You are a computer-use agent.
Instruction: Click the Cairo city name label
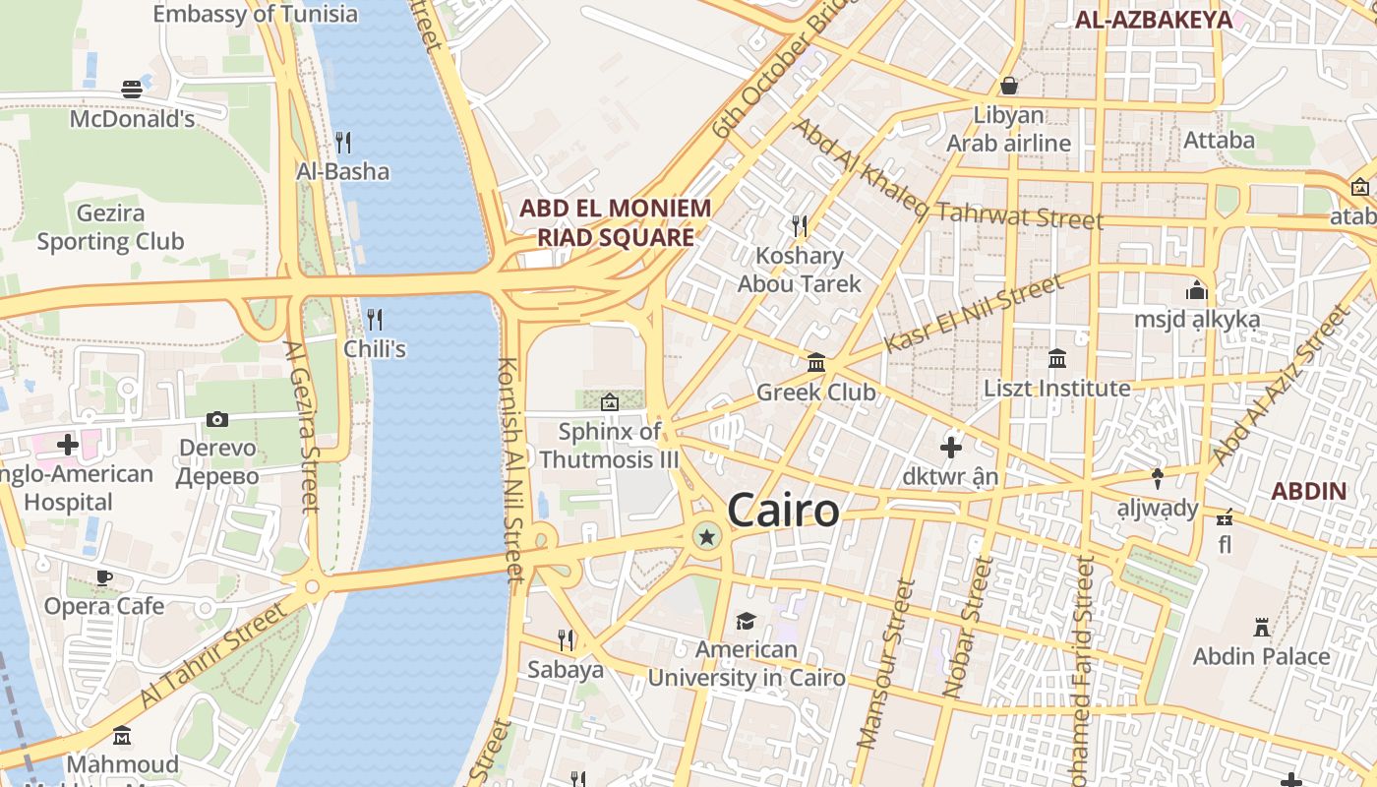pyautogui.click(x=783, y=511)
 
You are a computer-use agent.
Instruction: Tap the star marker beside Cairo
pyautogui.click(x=706, y=536)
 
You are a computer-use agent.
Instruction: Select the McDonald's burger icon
pyautogui.click(x=132, y=90)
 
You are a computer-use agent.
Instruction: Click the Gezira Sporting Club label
pyautogui.click(x=110, y=227)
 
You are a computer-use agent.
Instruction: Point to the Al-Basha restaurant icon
pyautogui.click(x=343, y=143)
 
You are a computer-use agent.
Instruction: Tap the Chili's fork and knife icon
pyautogui.click(x=375, y=320)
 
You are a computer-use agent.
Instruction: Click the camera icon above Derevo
pyautogui.click(x=217, y=420)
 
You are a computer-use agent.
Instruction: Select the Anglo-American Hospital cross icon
pyautogui.click(x=67, y=445)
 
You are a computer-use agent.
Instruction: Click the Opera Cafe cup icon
pyautogui.click(x=104, y=577)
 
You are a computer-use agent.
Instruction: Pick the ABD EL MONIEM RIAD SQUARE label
pyautogui.click(x=615, y=223)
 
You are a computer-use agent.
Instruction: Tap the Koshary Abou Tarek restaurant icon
pyautogui.click(x=800, y=227)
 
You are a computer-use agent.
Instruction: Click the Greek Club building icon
pyautogui.click(x=816, y=363)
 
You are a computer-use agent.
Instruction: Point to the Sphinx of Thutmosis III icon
pyautogui.click(x=610, y=401)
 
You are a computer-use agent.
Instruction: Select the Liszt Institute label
pyautogui.click(x=1057, y=389)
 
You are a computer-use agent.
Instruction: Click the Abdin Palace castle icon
pyautogui.click(x=1261, y=627)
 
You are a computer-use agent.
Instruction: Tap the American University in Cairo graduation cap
pyautogui.click(x=746, y=621)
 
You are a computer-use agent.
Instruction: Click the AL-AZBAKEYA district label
pyautogui.click(x=1153, y=20)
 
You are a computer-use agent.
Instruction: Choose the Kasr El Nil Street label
pyautogui.click(x=974, y=314)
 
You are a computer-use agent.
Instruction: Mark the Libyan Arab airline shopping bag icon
pyautogui.click(x=1008, y=87)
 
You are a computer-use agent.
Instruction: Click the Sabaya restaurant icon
pyautogui.click(x=566, y=640)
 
